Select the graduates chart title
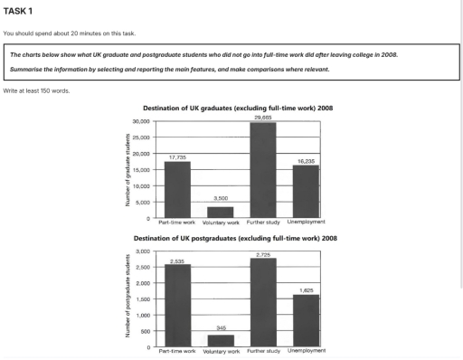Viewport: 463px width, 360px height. point(238,108)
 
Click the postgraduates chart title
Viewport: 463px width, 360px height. point(238,238)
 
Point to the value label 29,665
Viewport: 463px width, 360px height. point(262,118)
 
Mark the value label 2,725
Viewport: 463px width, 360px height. point(262,255)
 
